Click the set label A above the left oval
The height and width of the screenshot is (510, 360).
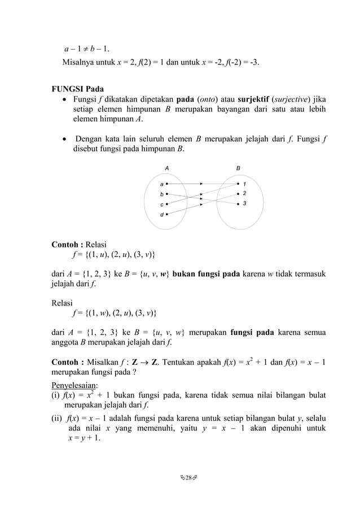[166, 168]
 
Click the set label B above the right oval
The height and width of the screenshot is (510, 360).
[238, 168]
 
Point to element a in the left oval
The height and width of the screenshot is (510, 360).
[161, 184]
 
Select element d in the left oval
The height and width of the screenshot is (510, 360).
[161, 215]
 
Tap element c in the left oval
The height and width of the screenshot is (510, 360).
[161, 204]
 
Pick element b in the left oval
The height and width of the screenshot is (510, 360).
[161, 194]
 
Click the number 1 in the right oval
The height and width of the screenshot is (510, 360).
[245, 184]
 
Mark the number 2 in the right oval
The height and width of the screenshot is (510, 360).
[245, 193]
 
